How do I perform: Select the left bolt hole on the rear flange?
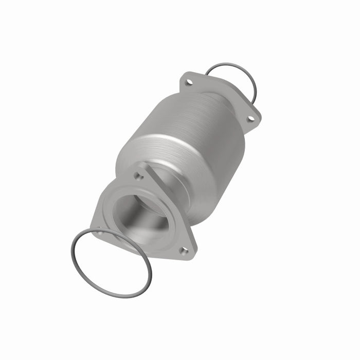pyautogui.click(x=189, y=82)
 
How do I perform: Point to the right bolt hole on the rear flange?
pyautogui.click(x=250, y=119)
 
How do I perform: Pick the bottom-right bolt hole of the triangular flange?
pyautogui.click(x=183, y=250)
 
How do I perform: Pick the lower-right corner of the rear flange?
pyautogui.click(x=257, y=123)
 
